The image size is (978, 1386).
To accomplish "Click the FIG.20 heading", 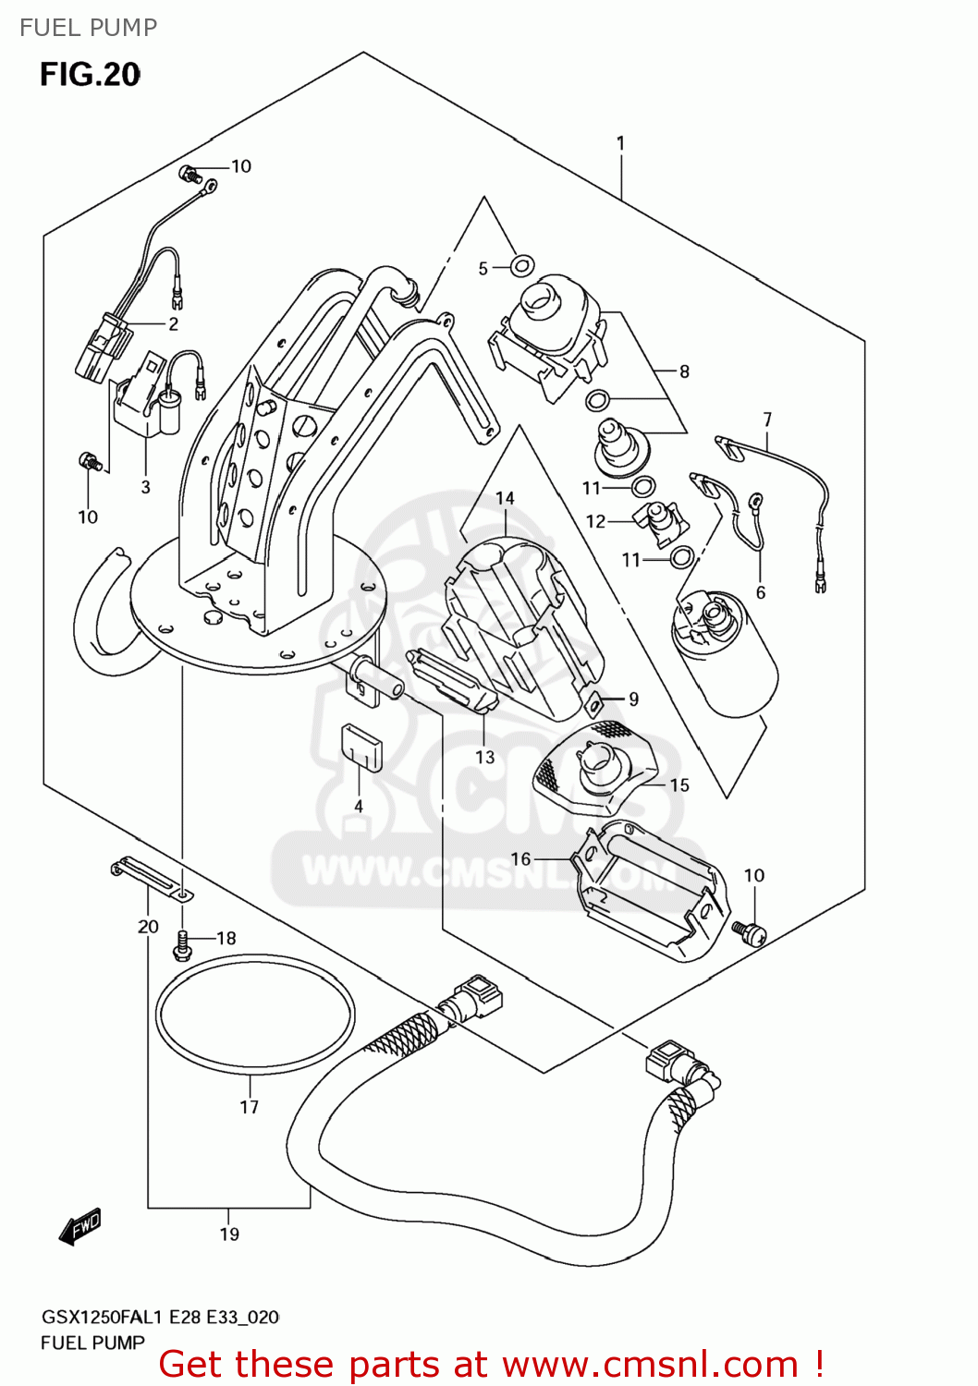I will coord(90,75).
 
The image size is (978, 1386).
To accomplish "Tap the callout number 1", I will coord(620,143).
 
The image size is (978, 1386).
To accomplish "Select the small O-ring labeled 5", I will coord(522,266).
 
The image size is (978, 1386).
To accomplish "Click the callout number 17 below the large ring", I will coord(250,1107).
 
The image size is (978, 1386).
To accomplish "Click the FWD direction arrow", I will coord(80,1227).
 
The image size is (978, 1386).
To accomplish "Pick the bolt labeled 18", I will coord(182,943).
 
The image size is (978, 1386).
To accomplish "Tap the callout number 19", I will coord(229,1234).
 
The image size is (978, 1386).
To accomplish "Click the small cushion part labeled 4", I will coord(361,747).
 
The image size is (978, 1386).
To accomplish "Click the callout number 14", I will coord(505,498).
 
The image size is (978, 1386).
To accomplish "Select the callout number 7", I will coord(767,419).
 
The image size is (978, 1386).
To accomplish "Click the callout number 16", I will coord(520,858).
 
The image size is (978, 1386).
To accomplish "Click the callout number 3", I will coord(145,487).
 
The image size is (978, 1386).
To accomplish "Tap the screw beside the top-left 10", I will coord(189,173).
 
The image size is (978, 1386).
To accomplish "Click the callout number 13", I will coord(485,757).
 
